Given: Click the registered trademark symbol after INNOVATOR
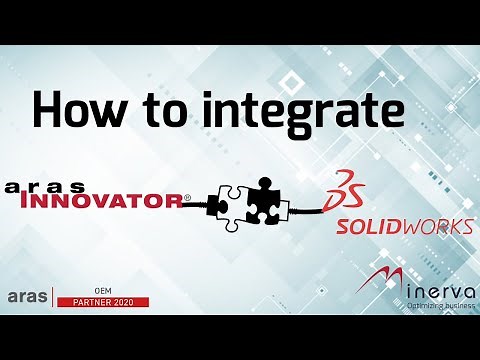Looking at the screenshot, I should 188,199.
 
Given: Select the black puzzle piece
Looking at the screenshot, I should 269,199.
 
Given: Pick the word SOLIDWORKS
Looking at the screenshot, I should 403,227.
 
